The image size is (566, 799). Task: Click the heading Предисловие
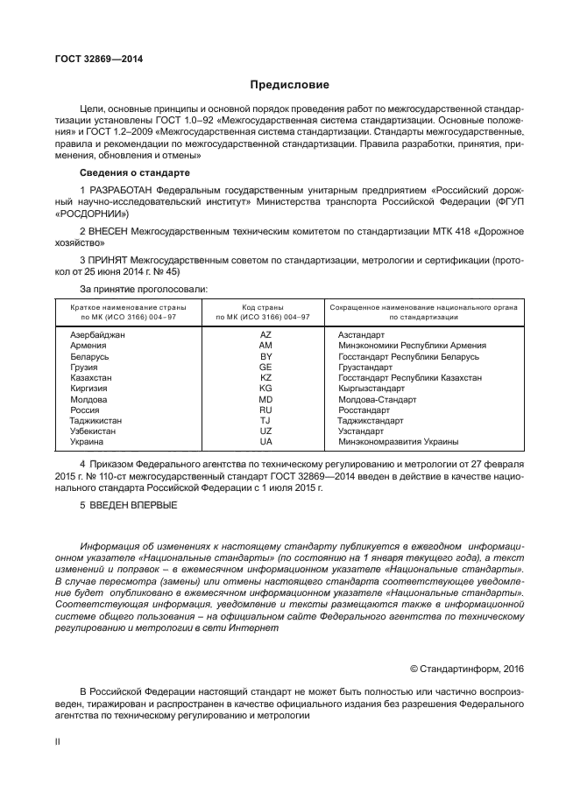pyautogui.click(x=290, y=85)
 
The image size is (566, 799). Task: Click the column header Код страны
pyautogui.click(x=265, y=306)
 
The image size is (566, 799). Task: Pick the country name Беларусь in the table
pyautogui.click(x=89, y=356)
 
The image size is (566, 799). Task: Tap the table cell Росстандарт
pyautogui.click(x=364, y=410)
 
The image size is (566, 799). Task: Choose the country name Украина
pyautogui.click(x=87, y=441)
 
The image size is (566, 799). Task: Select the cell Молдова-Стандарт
pyautogui.click(x=375, y=399)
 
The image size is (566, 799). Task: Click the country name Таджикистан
pyautogui.click(x=96, y=420)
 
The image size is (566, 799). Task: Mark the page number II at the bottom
pyautogui.click(x=56, y=741)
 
